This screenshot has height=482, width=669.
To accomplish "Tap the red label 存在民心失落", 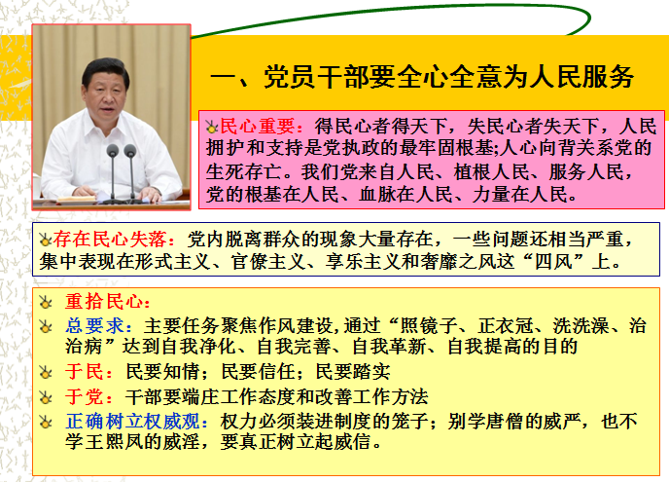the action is coord(109,239).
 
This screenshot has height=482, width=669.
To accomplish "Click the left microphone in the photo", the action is coord(112,171).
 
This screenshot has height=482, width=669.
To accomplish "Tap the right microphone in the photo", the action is coord(130,171).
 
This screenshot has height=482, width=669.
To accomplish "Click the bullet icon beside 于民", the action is coord(46,372).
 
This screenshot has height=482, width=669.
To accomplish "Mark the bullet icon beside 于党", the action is coord(46,397).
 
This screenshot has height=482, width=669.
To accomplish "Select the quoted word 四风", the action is coord(553,261).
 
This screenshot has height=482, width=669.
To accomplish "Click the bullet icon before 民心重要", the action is coord(212,127).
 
